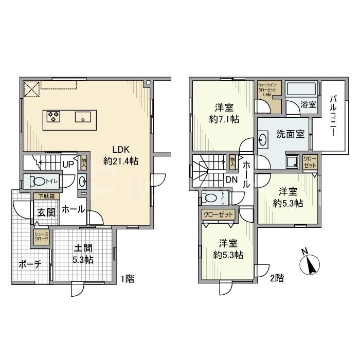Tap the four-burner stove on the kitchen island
(53, 117)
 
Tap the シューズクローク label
(42, 238)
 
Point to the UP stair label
(67, 165)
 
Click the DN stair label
(231, 179)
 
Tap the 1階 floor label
(128, 279)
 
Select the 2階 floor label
(276, 279)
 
